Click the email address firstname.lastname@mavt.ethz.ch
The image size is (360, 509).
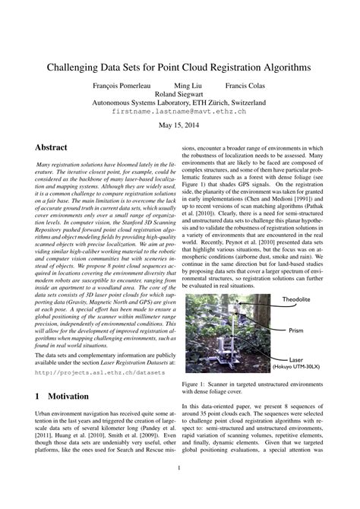click(x=179, y=111)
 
